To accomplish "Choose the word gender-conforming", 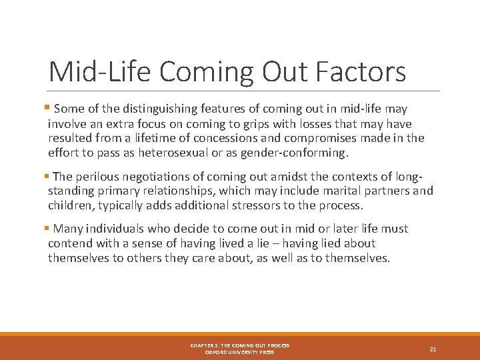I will (293, 153).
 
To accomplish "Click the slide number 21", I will (433, 348).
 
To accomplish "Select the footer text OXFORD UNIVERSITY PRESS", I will (239, 352).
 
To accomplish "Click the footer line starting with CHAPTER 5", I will (239, 345).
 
